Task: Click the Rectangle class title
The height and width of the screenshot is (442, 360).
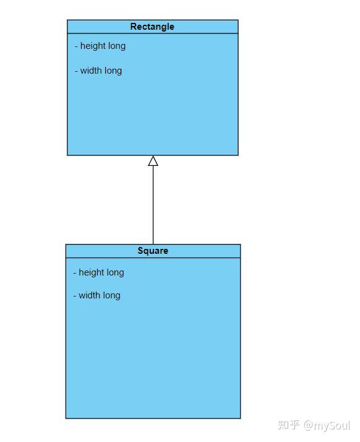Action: (152, 27)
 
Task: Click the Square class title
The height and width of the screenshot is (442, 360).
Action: (153, 251)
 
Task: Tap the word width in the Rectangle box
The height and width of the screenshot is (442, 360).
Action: (91, 71)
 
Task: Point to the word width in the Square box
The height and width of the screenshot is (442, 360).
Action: (89, 295)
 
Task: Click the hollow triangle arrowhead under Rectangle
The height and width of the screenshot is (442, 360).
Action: (153, 161)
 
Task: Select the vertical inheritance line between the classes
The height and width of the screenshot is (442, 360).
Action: (153, 205)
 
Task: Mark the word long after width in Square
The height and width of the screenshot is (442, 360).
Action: (111, 295)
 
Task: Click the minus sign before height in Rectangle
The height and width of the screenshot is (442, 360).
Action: (76, 46)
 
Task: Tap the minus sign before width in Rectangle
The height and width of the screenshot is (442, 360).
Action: (76, 71)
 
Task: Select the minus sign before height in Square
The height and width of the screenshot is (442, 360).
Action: (75, 273)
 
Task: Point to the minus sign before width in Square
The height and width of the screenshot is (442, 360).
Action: (75, 296)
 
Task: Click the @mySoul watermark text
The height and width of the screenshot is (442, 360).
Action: (327, 425)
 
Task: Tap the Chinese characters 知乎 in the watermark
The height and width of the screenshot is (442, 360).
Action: (288, 425)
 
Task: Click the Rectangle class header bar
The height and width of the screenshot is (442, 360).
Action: (153, 27)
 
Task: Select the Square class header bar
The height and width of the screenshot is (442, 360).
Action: (153, 251)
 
